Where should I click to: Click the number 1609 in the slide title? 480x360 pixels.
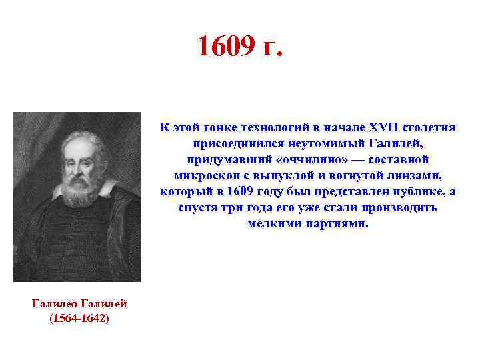click(226, 47)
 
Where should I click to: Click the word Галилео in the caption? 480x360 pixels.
click(57, 304)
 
